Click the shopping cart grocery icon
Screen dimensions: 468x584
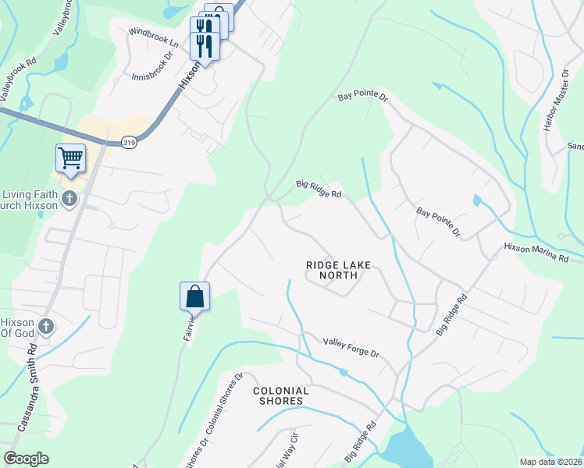click(70, 159)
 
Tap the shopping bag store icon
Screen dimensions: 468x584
click(194, 296)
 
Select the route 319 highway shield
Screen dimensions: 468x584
click(130, 142)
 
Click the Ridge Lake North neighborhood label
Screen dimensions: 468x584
click(337, 270)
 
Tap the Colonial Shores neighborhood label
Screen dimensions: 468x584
click(280, 395)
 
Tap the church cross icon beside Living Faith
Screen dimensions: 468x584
click(69, 199)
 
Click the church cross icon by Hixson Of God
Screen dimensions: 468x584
click(46, 326)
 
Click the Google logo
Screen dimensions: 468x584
click(26, 459)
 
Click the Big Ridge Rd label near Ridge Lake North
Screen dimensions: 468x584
click(319, 189)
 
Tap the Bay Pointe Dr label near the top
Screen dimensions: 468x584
click(362, 97)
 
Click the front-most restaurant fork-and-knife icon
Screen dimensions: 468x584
click(205, 45)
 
